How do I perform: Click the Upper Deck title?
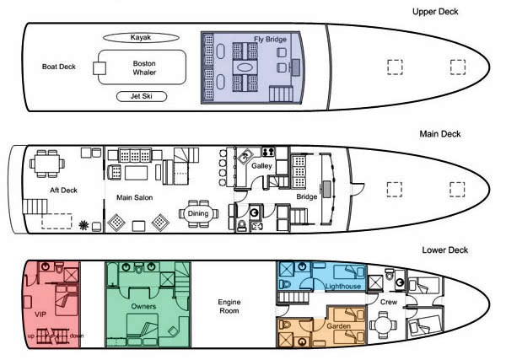[435, 12]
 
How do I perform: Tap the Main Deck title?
[440, 134]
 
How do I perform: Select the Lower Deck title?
[445, 250]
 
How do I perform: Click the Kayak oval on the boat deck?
[141, 37]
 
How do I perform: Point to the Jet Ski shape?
[142, 96]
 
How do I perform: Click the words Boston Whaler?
[144, 67]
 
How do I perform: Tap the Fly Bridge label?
[270, 40]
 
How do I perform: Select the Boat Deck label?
[59, 67]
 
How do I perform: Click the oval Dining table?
[198, 213]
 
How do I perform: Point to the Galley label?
[261, 166]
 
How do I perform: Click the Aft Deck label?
[63, 191]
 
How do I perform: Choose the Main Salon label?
[135, 197]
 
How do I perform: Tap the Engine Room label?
[229, 306]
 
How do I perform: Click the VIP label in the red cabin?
[40, 314]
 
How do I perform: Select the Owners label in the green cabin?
[143, 306]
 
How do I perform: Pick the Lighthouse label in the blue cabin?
[342, 286]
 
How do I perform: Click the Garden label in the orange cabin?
[338, 326]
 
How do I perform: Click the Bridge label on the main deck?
[307, 196]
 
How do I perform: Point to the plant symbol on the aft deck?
[83, 225]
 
